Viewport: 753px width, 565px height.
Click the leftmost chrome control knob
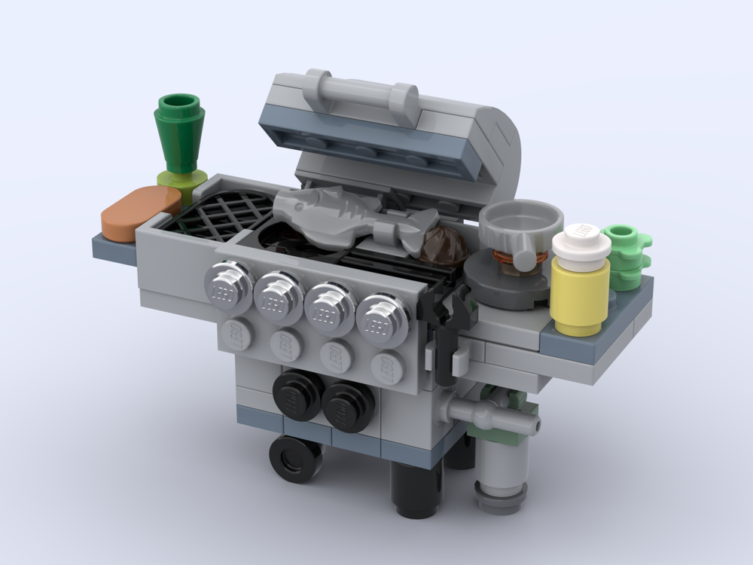(228, 287)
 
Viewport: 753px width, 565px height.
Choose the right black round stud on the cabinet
(346, 405)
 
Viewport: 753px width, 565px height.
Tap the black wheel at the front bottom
(294, 458)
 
